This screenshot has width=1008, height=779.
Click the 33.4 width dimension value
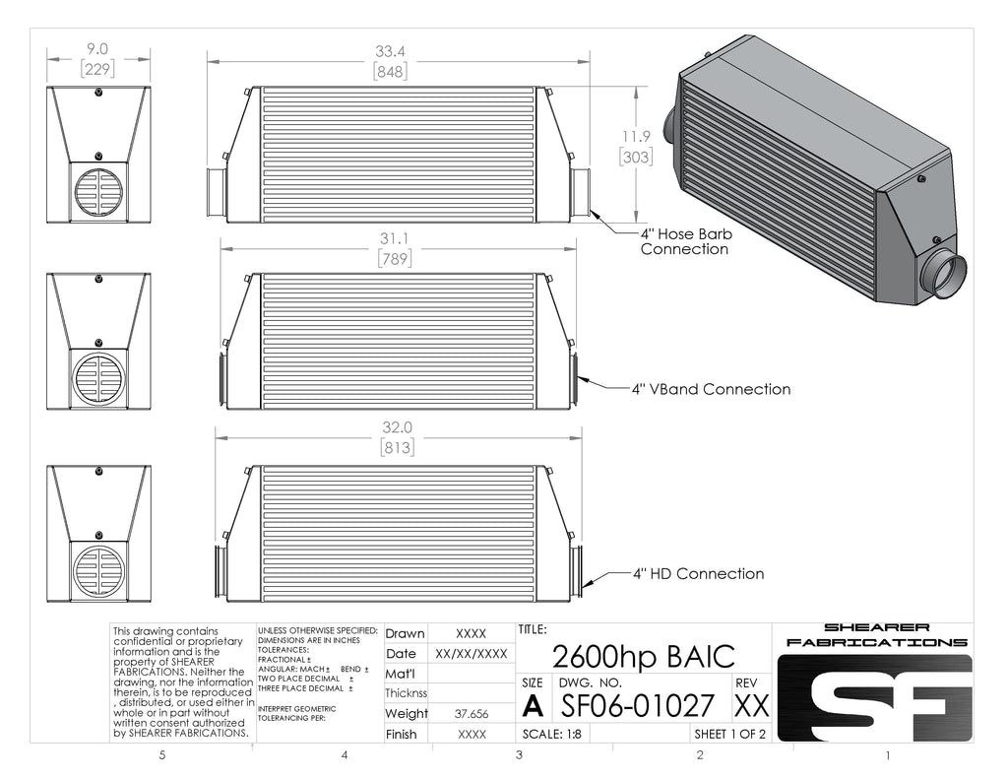pos(390,51)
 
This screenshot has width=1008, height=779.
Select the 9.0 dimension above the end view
pos(97,49)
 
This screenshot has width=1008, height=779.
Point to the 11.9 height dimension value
pos(636,136)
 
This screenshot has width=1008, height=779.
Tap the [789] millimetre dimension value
pos(394,259)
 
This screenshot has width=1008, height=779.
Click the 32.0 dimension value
pos(397,427)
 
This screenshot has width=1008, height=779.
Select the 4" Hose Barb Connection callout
pos(686,241)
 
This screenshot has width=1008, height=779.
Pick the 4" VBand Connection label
pos(711,389)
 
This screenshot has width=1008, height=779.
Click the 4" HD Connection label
pos(699,574)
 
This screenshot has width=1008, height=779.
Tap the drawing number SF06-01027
pos(638,706)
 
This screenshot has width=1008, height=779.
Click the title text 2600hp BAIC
pos(643,657)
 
